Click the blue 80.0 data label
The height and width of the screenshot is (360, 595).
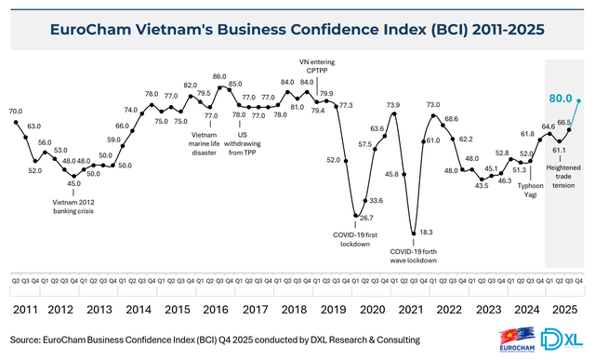pos(560,97)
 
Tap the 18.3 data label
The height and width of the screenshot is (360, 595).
pos(426,232)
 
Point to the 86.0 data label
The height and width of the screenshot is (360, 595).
pos(219,76)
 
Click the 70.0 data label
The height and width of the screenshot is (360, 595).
pos(16,112)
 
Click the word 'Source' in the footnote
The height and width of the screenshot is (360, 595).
pos(30,340)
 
